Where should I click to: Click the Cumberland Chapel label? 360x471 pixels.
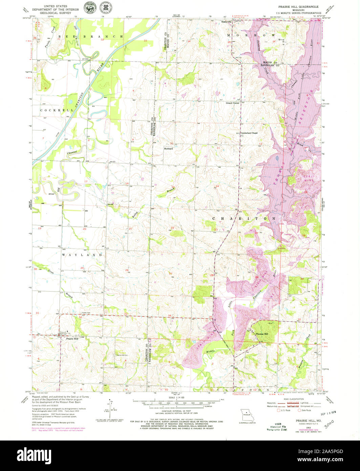[x=249, y=133]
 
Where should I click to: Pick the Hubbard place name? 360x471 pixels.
[x=168, y=148]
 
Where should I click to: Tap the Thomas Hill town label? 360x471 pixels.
[x=261, y=334]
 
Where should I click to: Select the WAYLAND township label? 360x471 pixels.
[x=82, y=254]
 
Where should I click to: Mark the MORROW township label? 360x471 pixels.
[x=251, y=35]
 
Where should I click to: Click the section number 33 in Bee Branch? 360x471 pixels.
[x=145, y=41]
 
